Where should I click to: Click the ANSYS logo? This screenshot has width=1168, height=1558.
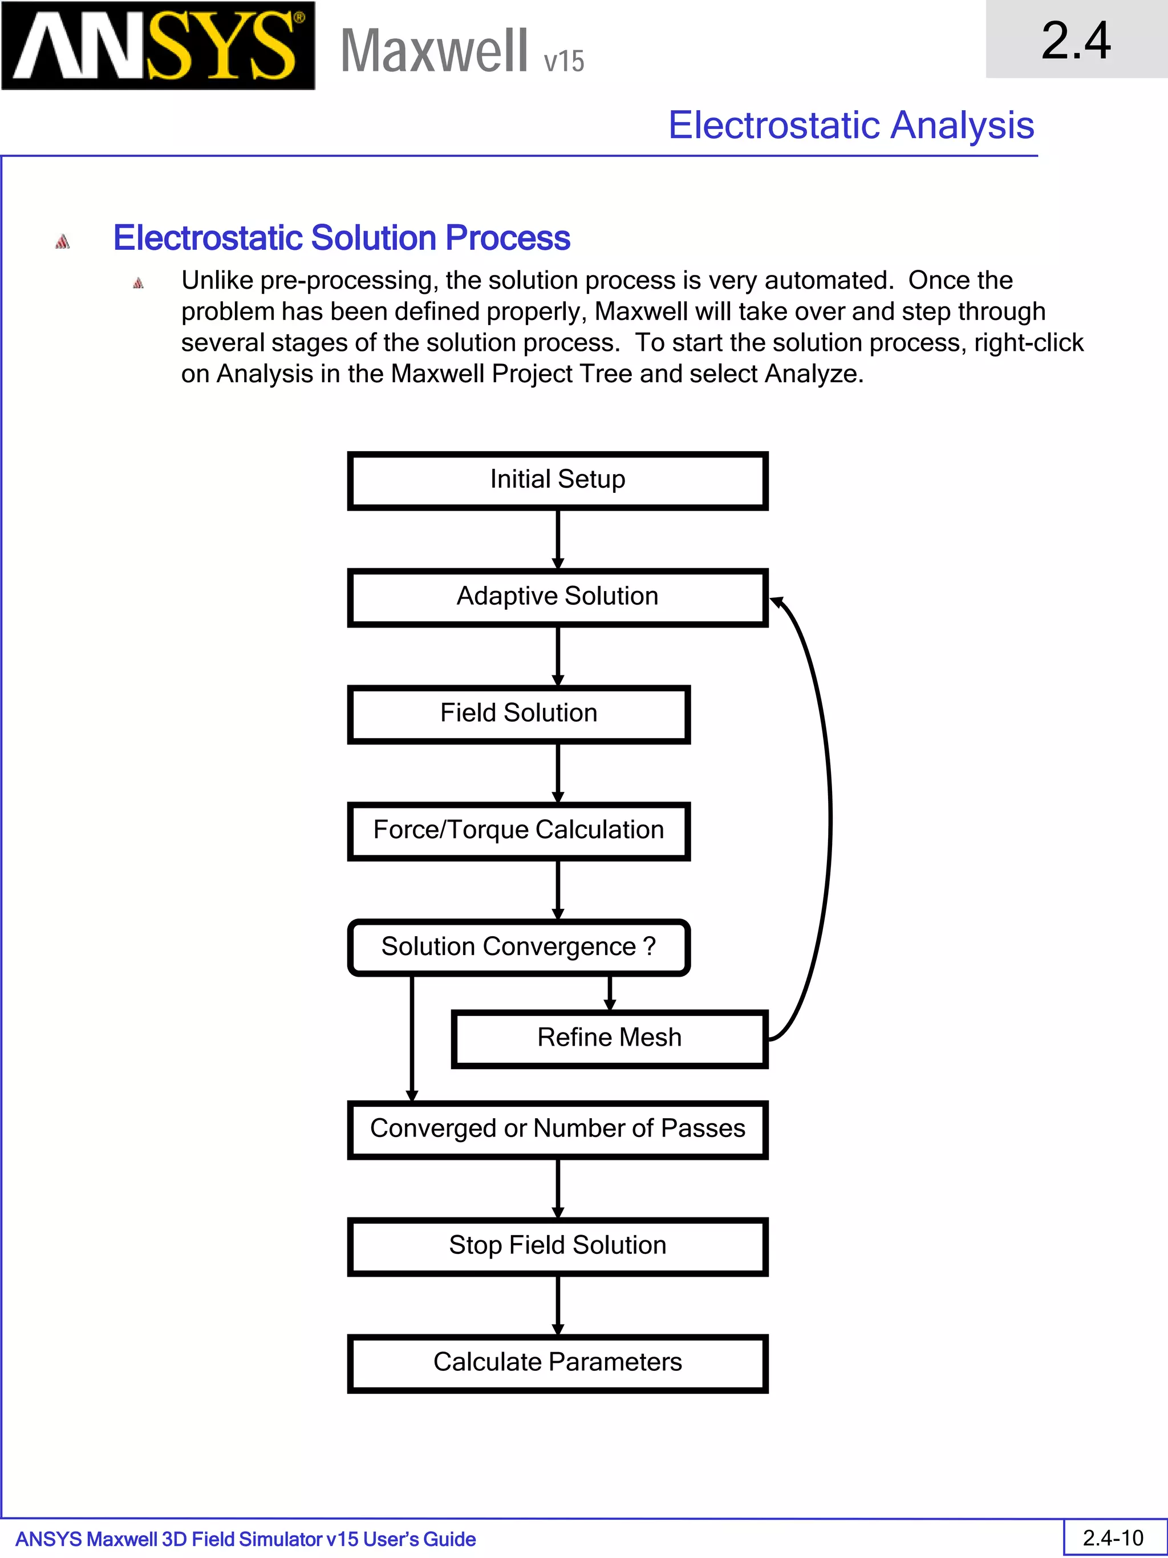(158, 46)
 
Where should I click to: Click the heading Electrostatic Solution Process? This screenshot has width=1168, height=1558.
(342, 237)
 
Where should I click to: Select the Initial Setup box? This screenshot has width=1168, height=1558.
(558, 480)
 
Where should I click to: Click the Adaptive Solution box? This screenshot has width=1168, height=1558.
(558, 597)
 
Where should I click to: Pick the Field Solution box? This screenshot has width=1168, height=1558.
(519, 714)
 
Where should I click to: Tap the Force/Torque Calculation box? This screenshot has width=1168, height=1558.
(519, 831)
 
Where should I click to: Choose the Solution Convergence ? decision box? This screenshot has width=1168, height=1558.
(519, 948)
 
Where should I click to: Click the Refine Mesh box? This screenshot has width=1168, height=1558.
(609, 1039)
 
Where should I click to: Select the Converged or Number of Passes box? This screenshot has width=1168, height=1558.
(558, 1130)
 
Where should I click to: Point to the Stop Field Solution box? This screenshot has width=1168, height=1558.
(558, 1247)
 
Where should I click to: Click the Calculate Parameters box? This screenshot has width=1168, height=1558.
(558, 1363)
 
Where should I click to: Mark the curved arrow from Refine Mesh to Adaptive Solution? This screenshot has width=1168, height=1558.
(829, 817)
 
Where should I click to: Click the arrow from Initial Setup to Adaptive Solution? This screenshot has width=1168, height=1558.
(558, 539)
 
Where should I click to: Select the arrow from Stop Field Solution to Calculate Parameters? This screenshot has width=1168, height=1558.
(558, 1305)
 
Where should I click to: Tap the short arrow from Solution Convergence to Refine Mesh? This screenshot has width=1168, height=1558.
(610, 993)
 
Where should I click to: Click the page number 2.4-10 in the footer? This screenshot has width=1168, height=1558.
(1113, 1538)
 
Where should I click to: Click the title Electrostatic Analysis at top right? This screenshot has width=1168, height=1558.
(850, 126)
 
